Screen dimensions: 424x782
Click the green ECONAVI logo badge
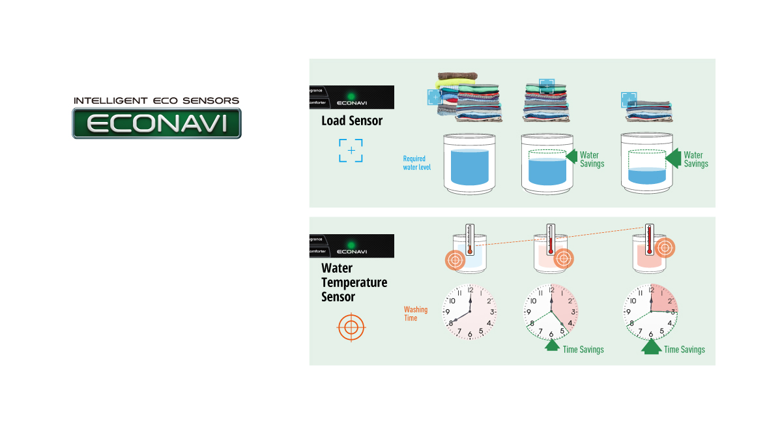pyautogui.click(x=156, y=123)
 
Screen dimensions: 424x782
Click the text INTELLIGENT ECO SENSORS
pyautogui.click(x=156, y=101)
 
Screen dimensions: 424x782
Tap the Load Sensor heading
pyautogui.click(x=352, y=121)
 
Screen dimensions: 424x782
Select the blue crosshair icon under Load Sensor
pyautogui.click(x=351, y=151)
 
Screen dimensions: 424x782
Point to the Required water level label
pyautogui.click(x=414, y=162)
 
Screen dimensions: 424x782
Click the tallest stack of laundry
pyautogui.click(x=466, y=98)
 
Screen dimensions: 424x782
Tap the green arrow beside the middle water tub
pyautogui.click(x=572, y=157)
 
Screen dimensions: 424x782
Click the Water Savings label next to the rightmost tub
pyautogui.click(x=695, y=159)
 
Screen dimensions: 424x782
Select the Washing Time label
pyautogui.click(x=416, y=314)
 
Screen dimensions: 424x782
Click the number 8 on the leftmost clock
pyautogui.click(x=450, y=323)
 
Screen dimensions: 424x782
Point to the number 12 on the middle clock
pyautogui.click(x=551, y=290)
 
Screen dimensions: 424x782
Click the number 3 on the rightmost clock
pyautogui.click(x=672, y=312)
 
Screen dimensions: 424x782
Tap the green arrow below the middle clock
pyautogui.click(x=552, y=346)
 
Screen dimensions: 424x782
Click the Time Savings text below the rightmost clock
pyautogui.click(x=684, y=350)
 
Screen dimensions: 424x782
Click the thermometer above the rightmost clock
pyautogui.click(x=649, y=239)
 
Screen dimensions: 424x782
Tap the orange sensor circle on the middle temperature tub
pyautogui.click(x=564, y=259)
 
